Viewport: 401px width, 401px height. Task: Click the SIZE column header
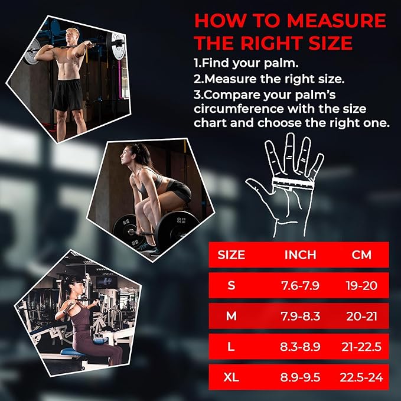click(231, 255)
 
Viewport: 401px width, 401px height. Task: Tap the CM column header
click(362, 255)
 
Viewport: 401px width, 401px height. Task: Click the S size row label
click(231, 285)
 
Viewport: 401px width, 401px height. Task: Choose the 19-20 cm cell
click(362, 285)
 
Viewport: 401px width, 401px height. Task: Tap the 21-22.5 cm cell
click(362, 347)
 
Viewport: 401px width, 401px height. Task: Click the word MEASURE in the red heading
click(337, 21)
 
